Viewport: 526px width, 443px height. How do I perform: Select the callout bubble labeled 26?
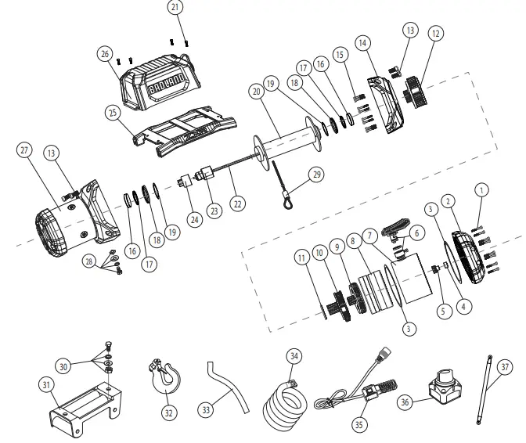pyautogui.click(x=104, y=55)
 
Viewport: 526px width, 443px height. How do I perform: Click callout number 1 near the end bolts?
pyautogui.click(x=481, y=189)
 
